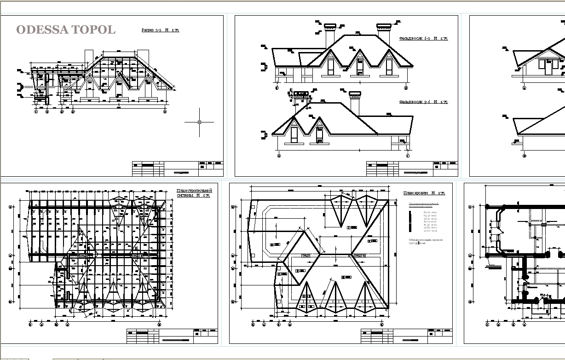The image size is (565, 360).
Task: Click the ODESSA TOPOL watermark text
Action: coord(66,30)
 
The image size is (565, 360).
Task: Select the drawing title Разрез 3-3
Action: coord(160,30)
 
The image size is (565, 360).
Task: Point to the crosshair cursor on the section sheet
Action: coord(199,122)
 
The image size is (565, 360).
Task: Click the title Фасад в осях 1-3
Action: coord(423,39)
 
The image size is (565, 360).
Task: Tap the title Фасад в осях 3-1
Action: coord(423,102)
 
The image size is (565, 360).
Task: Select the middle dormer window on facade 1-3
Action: coord(360,66)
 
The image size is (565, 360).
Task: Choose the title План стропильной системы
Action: coord(194,193)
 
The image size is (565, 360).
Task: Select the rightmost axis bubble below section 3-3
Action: coord(165,111)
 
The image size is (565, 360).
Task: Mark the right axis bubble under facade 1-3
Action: coord(406,87)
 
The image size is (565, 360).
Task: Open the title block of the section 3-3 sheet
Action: coord(178,168)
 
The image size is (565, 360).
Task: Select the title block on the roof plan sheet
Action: coord(406,336)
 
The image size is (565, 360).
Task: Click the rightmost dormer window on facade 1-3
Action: coord(389,66)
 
